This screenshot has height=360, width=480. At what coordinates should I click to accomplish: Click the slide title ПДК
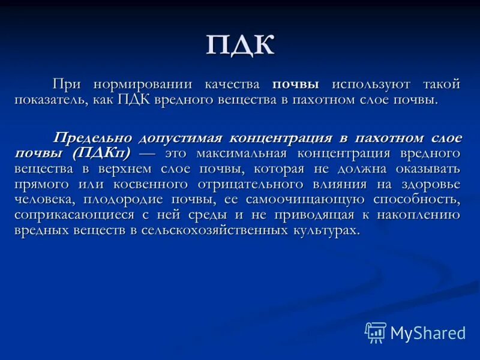[x=239, y=46]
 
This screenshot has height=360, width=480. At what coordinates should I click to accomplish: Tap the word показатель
[x=52, y=100]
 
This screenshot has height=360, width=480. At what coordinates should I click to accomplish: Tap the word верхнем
[x=130, y=169]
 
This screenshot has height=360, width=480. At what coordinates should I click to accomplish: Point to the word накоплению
[x=422, y=215]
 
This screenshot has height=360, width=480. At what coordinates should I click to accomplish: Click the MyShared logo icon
[x=375, y=332]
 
